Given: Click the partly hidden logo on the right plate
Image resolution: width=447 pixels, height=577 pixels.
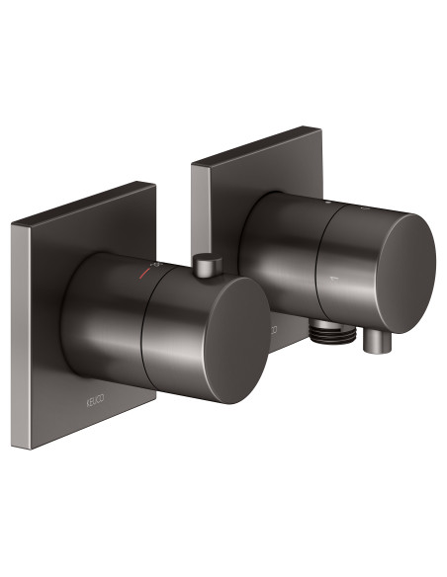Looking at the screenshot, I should [269, 327].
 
